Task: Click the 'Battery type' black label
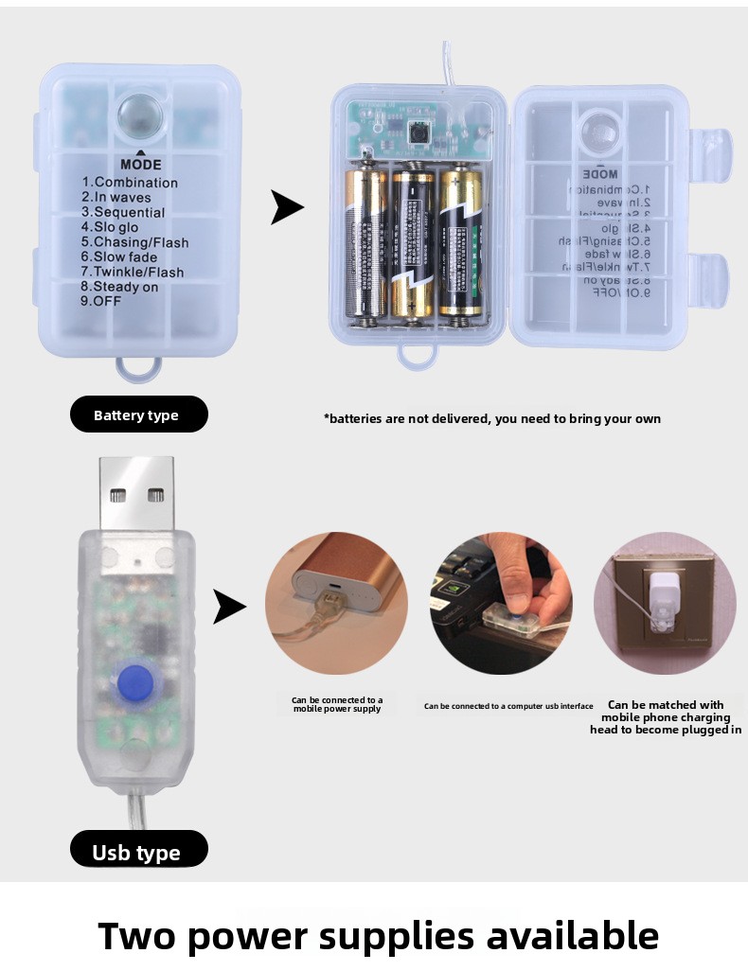tap(138, 415)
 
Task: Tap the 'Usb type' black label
tap(138, 852)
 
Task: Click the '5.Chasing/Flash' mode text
tap(134, 242)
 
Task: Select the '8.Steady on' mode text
tap(119, 287)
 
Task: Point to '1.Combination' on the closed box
tap(130, 183)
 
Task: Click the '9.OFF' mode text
tap(100, 302)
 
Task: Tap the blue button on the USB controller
tap(137, 680)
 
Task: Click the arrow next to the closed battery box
tap(287, 207)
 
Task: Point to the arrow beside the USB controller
tap(229, 607)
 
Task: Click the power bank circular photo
tap(336, 603)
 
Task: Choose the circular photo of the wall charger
tap(665, 603)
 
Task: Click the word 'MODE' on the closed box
tap(141, 165)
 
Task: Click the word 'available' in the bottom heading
tap(573, 935)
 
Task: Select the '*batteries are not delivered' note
tap(491, 418)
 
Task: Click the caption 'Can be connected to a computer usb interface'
tap(508, 706)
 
